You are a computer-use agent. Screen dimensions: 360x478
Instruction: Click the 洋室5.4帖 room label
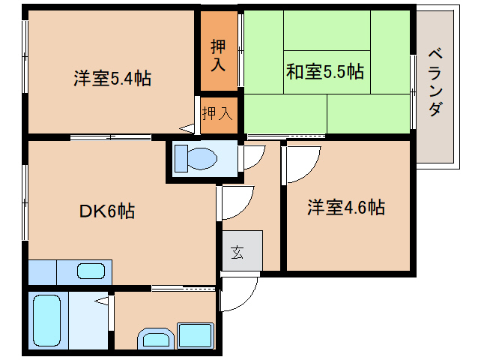[112, 78]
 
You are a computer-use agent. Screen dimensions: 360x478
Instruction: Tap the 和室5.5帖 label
[324, 73]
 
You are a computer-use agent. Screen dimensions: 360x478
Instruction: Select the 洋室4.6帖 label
[346, 208]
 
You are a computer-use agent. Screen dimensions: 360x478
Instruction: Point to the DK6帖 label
[107, 211]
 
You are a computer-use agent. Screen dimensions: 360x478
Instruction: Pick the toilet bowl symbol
[196, 158]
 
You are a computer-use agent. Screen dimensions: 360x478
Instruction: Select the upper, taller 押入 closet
[218, 55]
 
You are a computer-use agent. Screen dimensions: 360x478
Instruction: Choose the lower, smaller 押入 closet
[217, 114]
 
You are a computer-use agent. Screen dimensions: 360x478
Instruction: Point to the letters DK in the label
[91, 211]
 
